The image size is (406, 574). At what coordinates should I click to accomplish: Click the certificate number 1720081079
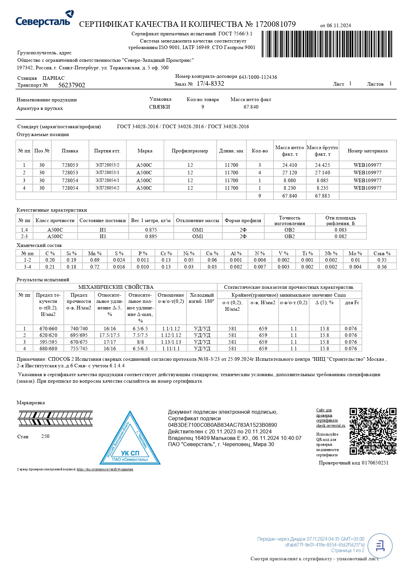click(275, 24)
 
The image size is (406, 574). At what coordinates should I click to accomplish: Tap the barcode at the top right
click(327, 44)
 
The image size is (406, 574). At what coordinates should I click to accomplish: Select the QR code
click(373, 431)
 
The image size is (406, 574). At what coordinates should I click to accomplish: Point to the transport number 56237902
click(72, 85)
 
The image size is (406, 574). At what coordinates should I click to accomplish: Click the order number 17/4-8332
click(210, 84)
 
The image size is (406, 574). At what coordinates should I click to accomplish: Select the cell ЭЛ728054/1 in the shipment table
click(107, 181)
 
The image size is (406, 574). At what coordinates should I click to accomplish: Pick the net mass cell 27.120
click(290, 173)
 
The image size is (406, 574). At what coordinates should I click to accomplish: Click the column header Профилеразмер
click(190, 151)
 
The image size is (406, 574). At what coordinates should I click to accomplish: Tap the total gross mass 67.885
click(322, 196)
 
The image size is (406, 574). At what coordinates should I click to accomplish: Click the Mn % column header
click(95, 253)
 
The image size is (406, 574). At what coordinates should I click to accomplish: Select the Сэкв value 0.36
click(382, 267)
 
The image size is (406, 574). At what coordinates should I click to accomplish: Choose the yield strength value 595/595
click(48, 342)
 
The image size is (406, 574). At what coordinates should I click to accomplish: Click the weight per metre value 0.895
click(151, 236)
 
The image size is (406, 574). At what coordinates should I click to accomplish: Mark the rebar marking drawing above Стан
click(55, 419)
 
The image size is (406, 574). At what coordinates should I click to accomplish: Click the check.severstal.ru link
click(330, 426)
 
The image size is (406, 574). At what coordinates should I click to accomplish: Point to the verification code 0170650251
click(375, 463)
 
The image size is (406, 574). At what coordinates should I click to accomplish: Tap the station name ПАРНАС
click(54, 78)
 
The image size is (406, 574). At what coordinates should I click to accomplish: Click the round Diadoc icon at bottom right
click(380, 546)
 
